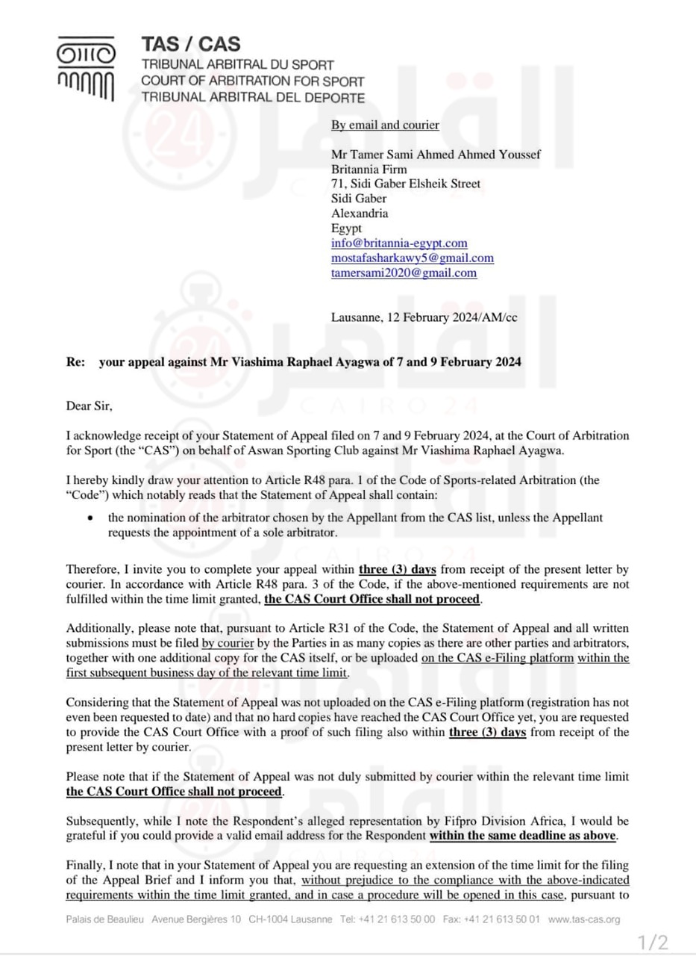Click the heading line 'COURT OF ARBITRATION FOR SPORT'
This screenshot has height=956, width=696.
coord(253,81)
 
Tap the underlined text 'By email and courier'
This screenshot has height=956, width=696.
coord(385,125)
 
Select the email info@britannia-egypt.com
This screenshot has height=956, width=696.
coord(399,243)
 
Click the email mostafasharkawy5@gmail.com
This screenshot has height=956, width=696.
coord(413,258)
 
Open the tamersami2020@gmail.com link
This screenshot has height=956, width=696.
coord(404,273)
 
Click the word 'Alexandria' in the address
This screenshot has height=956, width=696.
coord(360,214)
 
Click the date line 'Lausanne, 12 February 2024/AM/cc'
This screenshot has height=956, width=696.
coord(424,317)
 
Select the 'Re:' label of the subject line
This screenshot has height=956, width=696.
coord(75,361)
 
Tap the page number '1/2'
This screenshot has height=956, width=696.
coord(653,942)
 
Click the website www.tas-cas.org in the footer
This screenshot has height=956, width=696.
coord(583,919)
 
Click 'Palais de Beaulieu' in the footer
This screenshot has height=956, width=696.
coord(105,919)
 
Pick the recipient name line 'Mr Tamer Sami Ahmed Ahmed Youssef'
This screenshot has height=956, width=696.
coord(436,155)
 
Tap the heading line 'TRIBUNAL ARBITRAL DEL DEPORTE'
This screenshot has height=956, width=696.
coord(253,97)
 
